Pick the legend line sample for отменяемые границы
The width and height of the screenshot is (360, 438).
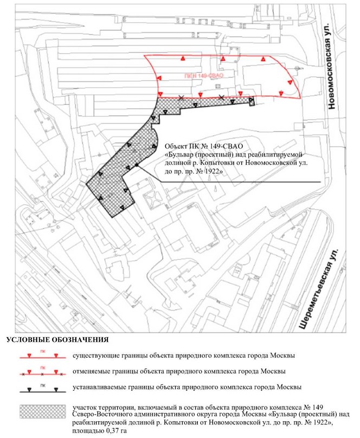pos(43,373)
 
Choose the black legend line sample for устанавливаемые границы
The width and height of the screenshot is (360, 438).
pos(43,389)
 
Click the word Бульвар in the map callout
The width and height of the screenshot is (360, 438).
pos(182,154)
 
